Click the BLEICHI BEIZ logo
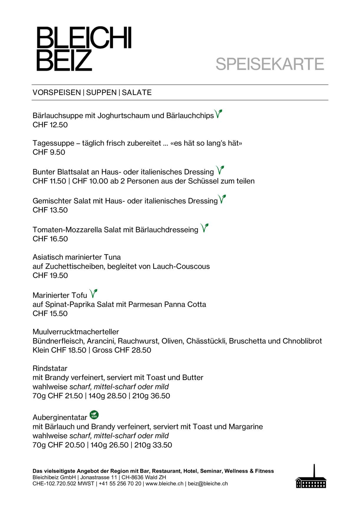click(84, 49)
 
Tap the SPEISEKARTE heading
click(270, 64)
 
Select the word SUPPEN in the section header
click(101, 92)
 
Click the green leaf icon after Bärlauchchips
click(218, 114)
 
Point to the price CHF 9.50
click(49, 152)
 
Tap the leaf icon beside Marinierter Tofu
click(93, 293)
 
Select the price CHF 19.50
click(50, 276)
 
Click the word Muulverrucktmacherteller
click(76, 332)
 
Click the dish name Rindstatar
click(50, 368)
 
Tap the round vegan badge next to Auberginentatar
click(94, 415)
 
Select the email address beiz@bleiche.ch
click(208, 484)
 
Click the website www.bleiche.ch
click(164, 484)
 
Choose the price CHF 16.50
click(50, 239)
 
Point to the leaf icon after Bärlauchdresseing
click(204, 228)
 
